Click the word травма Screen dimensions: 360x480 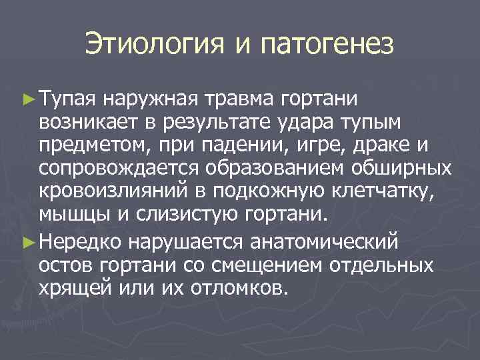point(238,99)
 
